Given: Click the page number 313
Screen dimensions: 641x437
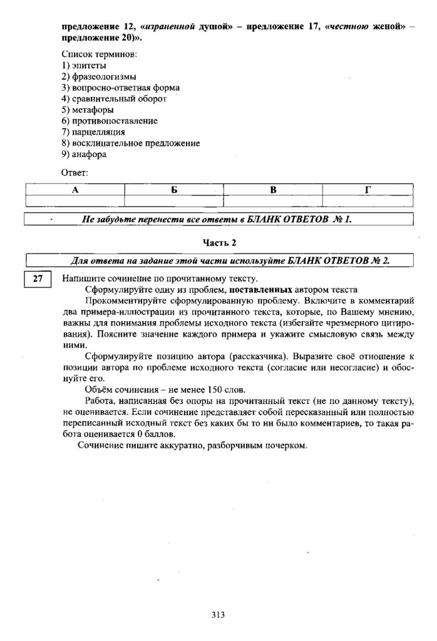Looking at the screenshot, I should (218, 615).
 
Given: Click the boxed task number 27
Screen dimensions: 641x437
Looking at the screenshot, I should (37, 279).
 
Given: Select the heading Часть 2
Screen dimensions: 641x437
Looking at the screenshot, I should (219, 242).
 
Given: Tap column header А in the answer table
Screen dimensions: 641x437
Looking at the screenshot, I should (75, 190).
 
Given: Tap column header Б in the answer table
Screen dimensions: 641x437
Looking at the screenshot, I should (174, 190).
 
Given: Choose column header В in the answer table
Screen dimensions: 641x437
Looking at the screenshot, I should (273, 190).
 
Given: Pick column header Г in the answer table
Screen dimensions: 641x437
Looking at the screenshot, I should (368, 190).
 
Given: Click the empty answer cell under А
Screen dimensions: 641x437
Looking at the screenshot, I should (75, 201).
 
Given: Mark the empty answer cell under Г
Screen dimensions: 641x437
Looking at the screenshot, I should (368, 201).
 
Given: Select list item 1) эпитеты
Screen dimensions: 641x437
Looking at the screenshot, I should (84, 65).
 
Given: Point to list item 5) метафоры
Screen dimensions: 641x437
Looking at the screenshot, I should (88, 110).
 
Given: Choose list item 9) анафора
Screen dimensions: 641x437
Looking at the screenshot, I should (84, 155).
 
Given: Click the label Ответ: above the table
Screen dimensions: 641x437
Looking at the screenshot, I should (75, 172).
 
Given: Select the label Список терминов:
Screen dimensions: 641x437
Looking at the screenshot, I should (100, 54).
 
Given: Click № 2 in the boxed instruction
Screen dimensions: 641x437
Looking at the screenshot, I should (381, 260).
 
